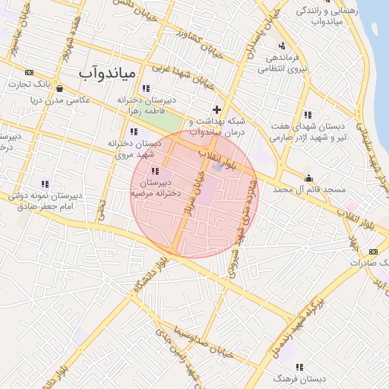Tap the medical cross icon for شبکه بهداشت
pos(217,109)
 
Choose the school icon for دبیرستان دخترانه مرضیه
pos(156,171)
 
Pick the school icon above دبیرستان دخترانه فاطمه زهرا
pos(145,88)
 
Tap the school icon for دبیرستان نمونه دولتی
pos(45,184)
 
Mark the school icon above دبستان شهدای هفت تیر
pos(308,115)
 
